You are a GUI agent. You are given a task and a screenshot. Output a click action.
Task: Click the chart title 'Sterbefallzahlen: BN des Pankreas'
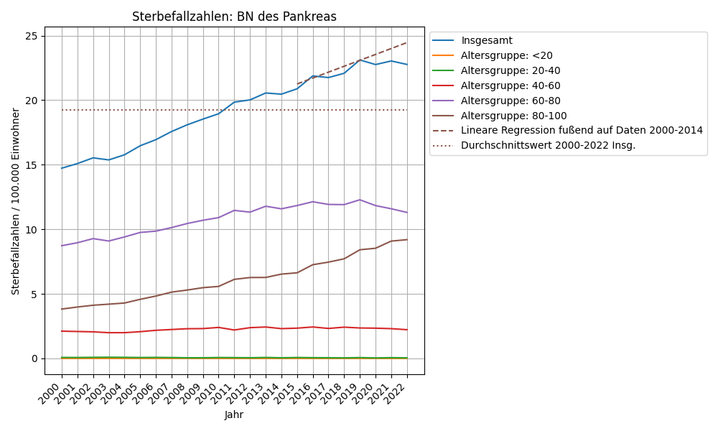click(234, 17)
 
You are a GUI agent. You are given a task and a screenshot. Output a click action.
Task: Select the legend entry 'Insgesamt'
click(486, 40)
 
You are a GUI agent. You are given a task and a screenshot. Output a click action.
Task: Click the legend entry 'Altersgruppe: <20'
click(506, 55)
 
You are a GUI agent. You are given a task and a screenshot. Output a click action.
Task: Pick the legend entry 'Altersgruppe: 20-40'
click(510, 70)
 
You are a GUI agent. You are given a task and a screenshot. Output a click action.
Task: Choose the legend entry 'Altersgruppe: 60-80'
click(510, 101)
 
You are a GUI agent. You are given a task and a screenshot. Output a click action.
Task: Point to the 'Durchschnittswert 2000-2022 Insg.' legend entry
click(548, 145)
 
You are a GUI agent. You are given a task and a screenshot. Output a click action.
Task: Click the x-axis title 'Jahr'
click(234, 414)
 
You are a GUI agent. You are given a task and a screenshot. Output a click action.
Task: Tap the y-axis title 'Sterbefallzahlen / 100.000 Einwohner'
click(16, 201)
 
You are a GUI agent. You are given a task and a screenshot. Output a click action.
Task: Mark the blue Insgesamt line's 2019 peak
click(360, 60)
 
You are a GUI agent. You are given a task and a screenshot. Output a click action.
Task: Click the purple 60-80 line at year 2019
click(360, 200)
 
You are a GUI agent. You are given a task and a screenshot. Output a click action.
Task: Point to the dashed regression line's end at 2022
click(407, 42)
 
